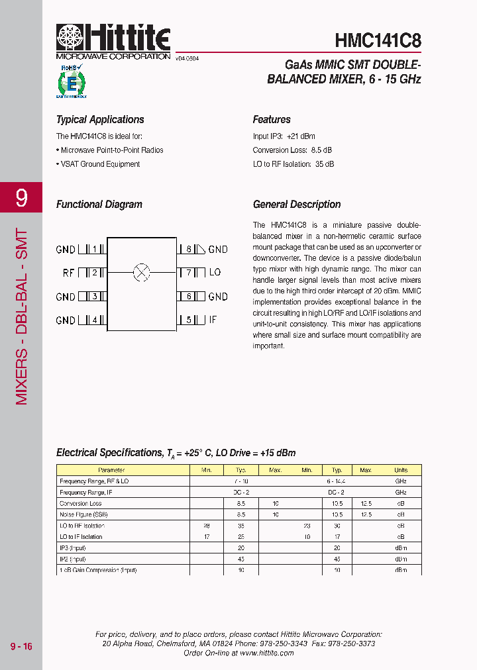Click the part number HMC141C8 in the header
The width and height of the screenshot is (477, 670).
[x=378, y=40]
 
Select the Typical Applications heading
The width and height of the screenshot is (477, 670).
[x=100, y=120]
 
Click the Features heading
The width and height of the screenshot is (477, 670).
[x=272, y=120]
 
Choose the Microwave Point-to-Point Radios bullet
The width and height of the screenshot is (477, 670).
[x=111, y=150]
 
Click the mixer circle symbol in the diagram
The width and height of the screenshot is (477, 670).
[x=142, y=272]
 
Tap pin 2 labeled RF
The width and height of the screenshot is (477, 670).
[x=95, y=273]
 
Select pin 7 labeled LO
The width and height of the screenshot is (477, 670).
[x=189, y=273]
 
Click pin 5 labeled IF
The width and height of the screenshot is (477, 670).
[x=189, y=320]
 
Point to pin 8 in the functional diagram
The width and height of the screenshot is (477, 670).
[x=189, y=250]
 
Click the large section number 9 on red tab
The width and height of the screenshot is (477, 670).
[x=21, y=197]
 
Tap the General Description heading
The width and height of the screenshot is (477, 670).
[x=297, y=205]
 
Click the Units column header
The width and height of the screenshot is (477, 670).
[x=401, y=470]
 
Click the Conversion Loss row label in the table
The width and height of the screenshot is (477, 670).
[x=80, y=503]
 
